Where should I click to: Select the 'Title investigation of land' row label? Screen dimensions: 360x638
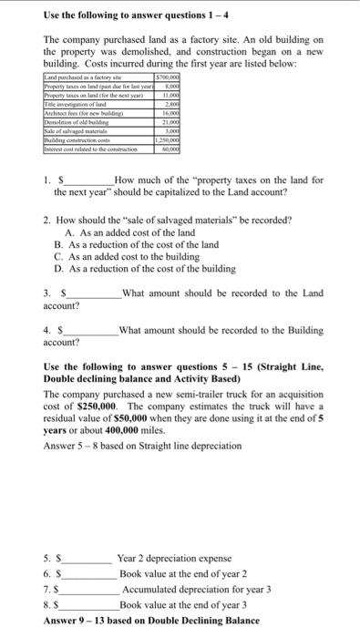point(69,107)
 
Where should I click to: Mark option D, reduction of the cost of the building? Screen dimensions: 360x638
point(124,269)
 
